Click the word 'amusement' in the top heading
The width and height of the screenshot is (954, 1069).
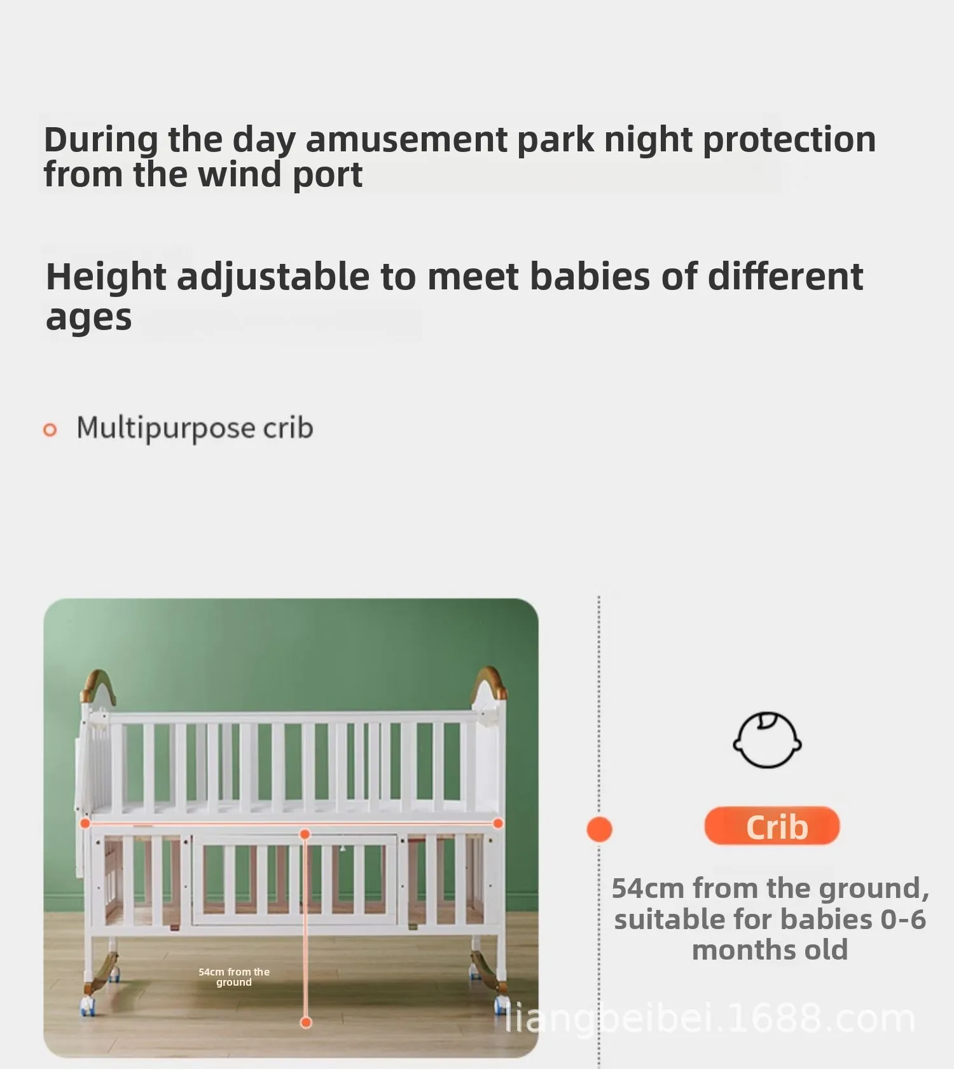[x=406, y=139]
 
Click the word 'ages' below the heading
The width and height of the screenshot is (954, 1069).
[x=88, y=318]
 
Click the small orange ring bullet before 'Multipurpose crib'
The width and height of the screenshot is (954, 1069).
[x=50, y=430]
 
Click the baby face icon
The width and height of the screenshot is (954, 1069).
[x=766, y=740]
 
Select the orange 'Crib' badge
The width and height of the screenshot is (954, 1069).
[x=772, y=826]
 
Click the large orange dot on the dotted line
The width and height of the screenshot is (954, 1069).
[x=599, y=829]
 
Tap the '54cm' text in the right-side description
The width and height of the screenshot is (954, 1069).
[x=648, y=888]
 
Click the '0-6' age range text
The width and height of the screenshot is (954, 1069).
[x=903, y=919]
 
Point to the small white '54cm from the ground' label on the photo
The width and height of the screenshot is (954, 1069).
[x=234, y=977]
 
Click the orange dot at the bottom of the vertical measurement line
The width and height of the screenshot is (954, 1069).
[x=306, y=1023]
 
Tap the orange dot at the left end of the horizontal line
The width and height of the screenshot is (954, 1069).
[x=85, y=824]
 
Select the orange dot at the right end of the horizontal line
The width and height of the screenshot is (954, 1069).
[x=498, y=824]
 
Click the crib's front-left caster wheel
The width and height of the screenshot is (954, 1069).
[x=87, y=1006]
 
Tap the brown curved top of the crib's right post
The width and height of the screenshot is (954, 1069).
[x=491, y=682]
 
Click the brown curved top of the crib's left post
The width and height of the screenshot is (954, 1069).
[x=99, y=684]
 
